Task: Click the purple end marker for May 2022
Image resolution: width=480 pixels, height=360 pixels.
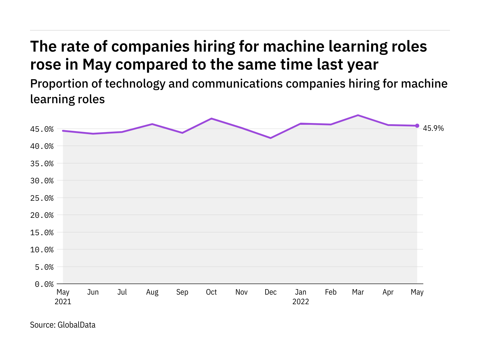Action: [x=417, y=126]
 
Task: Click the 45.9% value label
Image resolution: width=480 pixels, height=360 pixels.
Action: [x=433, y=128]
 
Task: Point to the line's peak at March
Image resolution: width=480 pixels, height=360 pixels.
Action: [x=358, y=115]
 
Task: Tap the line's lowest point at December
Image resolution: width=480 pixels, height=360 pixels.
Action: [x=271, y=138]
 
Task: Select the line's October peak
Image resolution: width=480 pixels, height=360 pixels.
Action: [x=211, y=118]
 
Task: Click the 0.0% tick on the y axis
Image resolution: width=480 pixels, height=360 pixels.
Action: [x=44, y=284]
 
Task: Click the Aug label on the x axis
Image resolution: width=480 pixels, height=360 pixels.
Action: [x=152, y=292]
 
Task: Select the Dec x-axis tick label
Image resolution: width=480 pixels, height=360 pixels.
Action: [x=271, y=292]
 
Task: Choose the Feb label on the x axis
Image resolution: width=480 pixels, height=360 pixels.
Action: [x=331, y=292]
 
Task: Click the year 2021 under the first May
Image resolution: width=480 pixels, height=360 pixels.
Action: [x=63, y=302]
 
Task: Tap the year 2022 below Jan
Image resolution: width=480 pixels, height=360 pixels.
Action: [x=301, y=302]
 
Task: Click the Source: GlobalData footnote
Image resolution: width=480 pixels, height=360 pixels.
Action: [x=63, y=325]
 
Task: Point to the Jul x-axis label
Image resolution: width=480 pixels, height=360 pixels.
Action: [x=122, y=292]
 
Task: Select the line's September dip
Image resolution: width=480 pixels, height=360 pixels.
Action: [x=182, y=133]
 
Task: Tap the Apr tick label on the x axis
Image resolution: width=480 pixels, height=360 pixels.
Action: [x=388, y=292]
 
